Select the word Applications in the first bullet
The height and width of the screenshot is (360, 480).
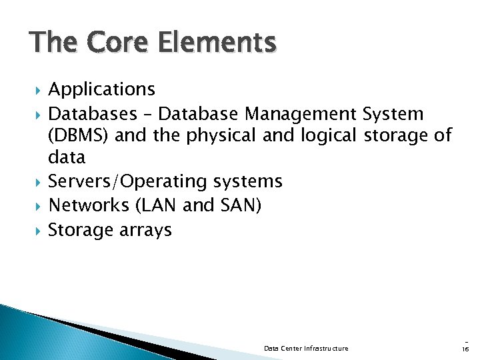pos(102,89)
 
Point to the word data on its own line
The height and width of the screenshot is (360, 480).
pos(67,158)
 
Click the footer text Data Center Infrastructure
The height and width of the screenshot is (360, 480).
pos(306,349)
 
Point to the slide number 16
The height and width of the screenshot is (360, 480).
pos(465,349)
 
